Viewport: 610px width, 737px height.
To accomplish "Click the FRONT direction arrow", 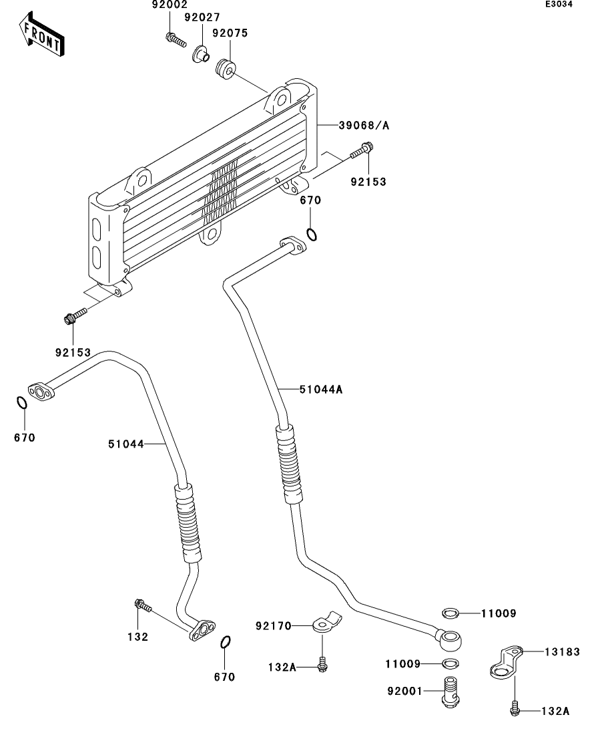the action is coord(42,35).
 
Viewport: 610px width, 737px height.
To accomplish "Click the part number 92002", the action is coord(170,5).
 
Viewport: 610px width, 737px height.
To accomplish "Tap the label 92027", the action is coord(202,17).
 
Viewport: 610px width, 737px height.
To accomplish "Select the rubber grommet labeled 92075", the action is coord(226,69).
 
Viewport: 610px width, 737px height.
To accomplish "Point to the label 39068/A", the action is coord(364,126).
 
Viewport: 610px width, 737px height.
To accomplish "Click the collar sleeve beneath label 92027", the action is coord(201,53).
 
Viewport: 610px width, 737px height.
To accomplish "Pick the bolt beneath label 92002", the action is coord(176,39).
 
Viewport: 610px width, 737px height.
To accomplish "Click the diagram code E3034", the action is coord(559,4).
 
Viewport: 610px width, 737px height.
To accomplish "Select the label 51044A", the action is coord(321,389).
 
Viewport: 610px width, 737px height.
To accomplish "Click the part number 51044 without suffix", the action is coord(126,444).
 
